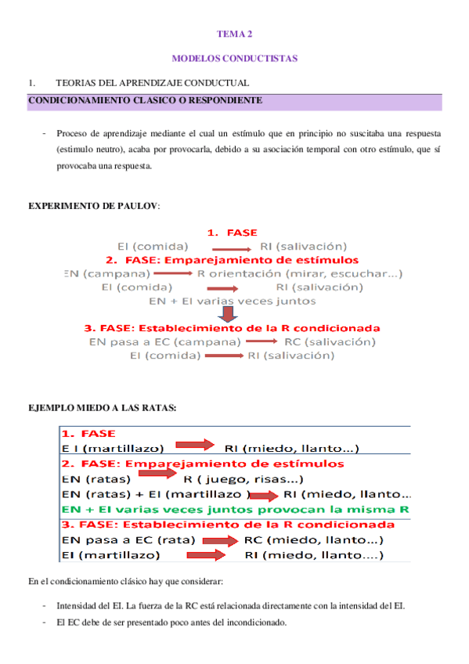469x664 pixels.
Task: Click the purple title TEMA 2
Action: coord(234,34)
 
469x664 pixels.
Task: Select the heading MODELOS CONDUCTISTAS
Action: coord(234,59)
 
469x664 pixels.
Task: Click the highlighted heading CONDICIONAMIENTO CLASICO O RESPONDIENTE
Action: coord(145,101)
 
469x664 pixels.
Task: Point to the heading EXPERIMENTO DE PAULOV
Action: coord(93,206)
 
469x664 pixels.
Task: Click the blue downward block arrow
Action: coord(228,314)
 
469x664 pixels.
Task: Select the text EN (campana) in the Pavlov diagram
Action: coord(107,273)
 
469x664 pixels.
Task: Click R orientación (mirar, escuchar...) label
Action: coord(300,273)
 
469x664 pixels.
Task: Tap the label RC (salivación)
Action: coord(330,341)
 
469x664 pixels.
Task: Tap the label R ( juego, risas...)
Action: coord(244,478)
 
